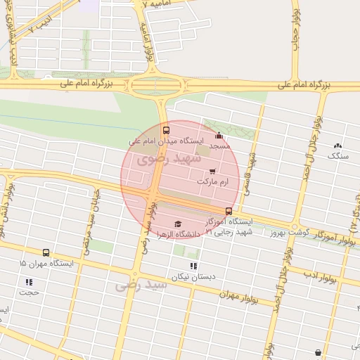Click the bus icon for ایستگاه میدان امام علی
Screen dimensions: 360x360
coord(166,130)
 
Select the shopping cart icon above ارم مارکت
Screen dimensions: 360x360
coord(212,171)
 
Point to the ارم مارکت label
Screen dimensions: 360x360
coord(213,181)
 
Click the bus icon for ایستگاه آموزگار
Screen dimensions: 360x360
coord(228,211)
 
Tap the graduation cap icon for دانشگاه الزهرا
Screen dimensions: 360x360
coord(176,224)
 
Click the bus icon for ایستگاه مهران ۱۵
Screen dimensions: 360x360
coord(46,252)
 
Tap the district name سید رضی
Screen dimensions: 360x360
coord(142,285)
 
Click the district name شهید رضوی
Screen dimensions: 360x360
coord(162,158)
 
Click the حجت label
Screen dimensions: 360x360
coord(29,291)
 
